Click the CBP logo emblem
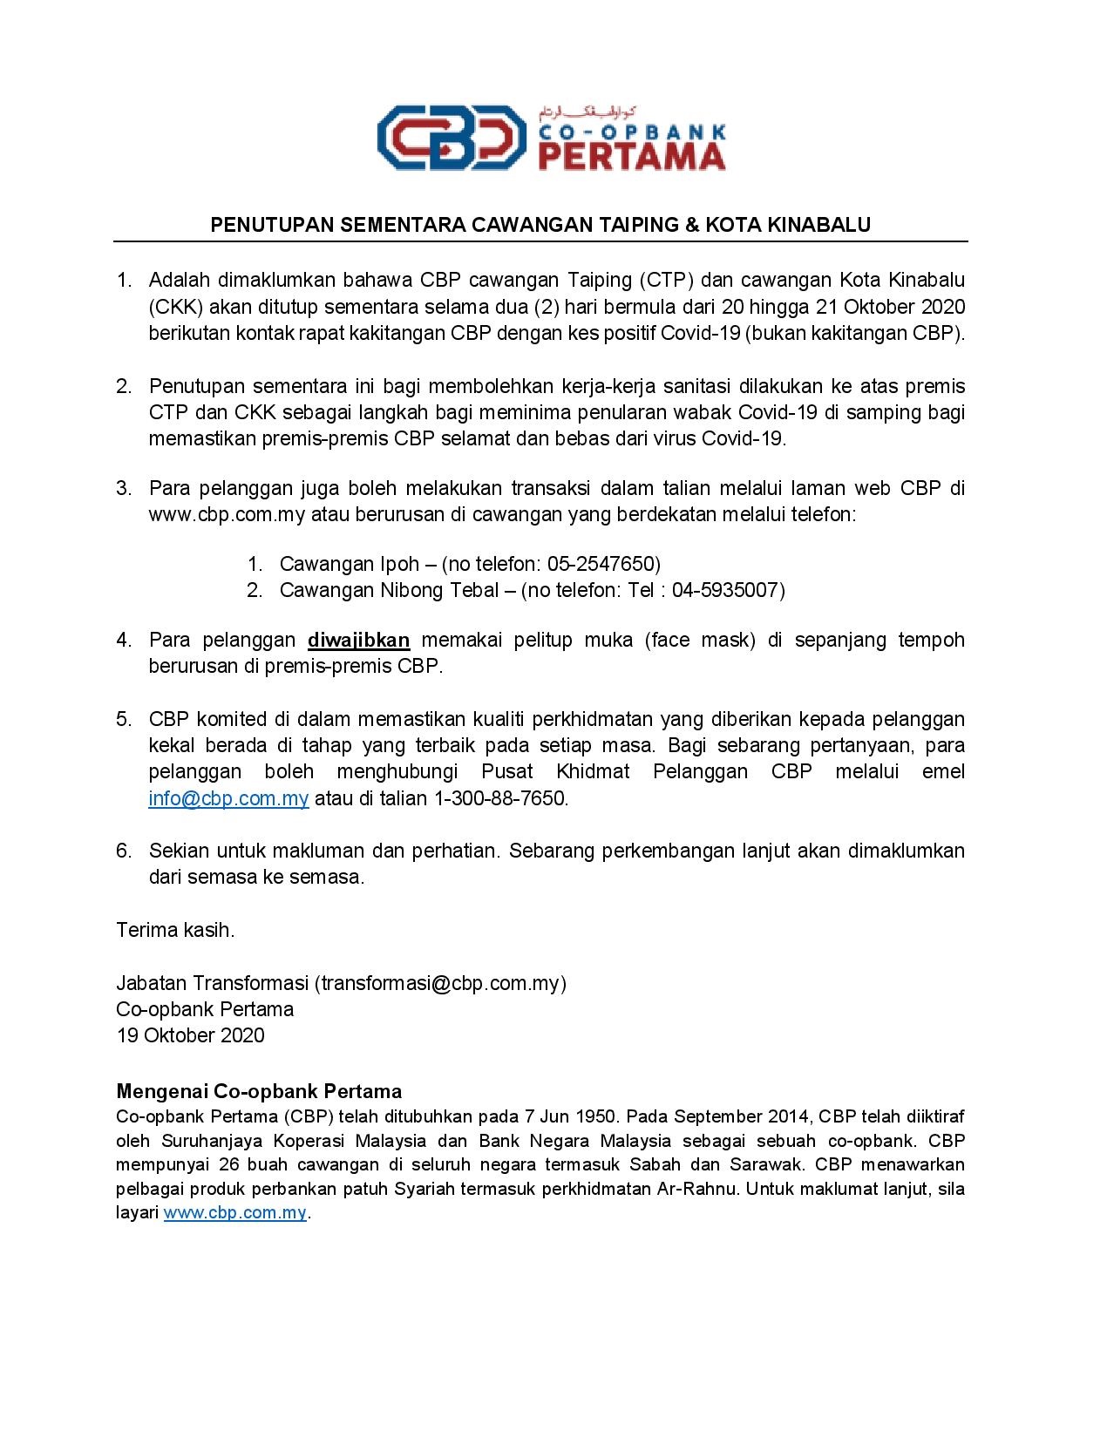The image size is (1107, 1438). [x=451, y=138]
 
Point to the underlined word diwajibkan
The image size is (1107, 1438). [x=358, y=641]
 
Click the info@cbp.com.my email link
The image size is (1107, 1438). [x=228, y=798]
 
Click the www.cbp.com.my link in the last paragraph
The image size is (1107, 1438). [x=234, y=1213]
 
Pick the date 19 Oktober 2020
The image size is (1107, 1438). [x=190, y=1035]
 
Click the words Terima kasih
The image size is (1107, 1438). [x=175, y=930]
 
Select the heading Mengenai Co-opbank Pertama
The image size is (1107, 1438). [x=259, y=1091]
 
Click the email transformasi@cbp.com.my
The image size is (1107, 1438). [x=440, y=983]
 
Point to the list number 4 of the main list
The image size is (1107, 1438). [x=124, y=641]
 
